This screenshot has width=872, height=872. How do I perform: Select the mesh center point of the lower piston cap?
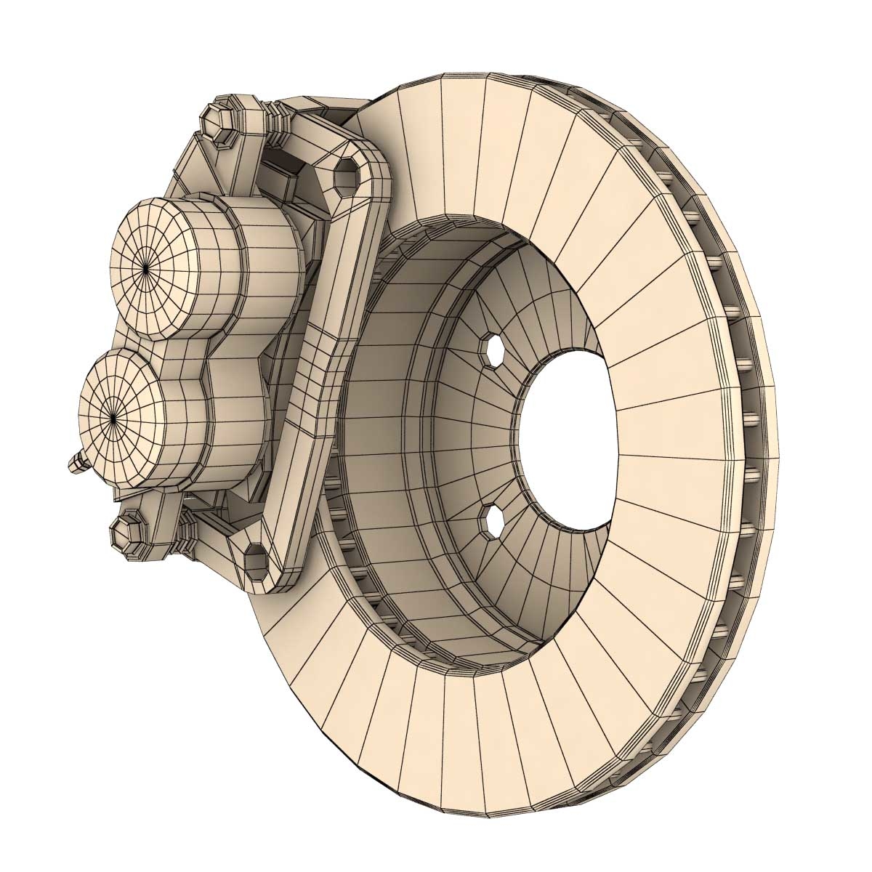114,416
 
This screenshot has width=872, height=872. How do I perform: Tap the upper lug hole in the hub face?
494,350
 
